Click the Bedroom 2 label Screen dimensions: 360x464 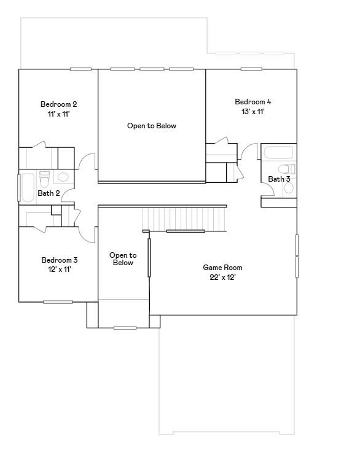click(58, 104)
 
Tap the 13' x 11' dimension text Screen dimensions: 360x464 click(252, 112)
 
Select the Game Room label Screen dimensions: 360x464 click(222, 268)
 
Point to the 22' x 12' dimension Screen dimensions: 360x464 click(222, 277)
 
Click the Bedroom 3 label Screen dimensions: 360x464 click(60, 260)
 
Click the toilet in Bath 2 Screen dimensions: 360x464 click(44, 179)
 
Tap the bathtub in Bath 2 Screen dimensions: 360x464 click(28, 188)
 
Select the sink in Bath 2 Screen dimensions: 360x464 click(63, 177)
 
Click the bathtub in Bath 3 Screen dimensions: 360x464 click(278, 153)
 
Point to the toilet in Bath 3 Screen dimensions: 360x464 click(286, 169)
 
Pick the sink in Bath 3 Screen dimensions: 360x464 click(289, 188)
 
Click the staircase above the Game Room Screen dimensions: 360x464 click(184, 219)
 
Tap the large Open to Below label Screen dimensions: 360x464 click(152, 126)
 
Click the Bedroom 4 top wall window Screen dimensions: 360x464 click(251, 69)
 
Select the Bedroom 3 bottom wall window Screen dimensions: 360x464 click(58, 302)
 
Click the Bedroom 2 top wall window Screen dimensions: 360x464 click(80, 69)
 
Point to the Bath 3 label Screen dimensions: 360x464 click(279, 179)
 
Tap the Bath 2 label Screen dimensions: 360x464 click(49, 193)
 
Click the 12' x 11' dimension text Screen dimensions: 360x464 click(60, 269)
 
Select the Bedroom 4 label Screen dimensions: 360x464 click(252, 102)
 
